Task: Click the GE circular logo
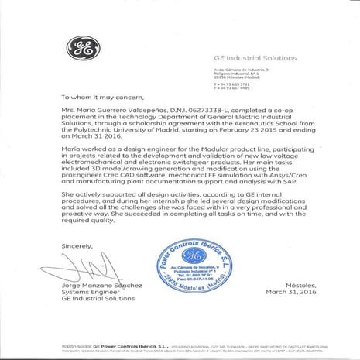coord(80,51)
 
